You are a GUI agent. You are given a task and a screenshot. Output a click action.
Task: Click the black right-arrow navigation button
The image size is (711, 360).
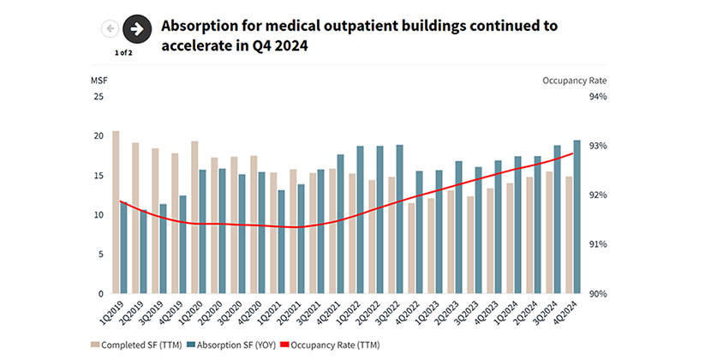click(x=137, y=29)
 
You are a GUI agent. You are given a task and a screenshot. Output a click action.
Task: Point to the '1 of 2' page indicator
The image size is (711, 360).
click(x=124, y=53)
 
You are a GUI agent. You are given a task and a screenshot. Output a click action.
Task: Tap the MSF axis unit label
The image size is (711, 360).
click(x=99, y=80)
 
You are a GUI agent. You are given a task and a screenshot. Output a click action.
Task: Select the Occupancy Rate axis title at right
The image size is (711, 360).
click(x=574, y=80)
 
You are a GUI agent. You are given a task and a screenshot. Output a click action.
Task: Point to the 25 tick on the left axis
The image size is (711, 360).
click(x=98, y=97)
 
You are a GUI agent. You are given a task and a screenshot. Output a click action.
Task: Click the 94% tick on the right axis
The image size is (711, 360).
click(x=597, y=97)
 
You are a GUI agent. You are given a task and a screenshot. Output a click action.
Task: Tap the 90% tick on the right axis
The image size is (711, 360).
click(x=597, y=293)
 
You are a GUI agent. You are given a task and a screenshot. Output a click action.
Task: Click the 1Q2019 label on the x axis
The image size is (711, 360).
click(x=111, y=312)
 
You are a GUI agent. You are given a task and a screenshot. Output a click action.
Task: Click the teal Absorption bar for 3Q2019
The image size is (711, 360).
click(x=163, y=249)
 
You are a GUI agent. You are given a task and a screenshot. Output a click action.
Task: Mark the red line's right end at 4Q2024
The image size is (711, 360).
click(x=573, y=153)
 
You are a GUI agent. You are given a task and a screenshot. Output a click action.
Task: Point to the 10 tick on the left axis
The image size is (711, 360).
click(x=98, y=215)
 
